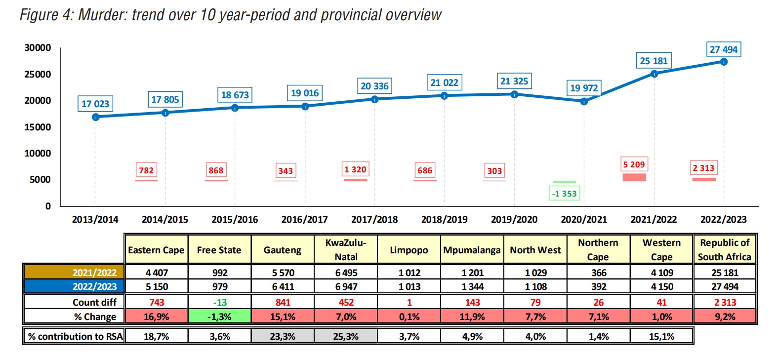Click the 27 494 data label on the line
coord(723,49)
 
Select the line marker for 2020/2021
coord(584,101)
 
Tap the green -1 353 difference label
coord(564,194)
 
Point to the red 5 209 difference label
coord(634,164)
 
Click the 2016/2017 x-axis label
coord(304,219)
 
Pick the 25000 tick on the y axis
coord(38,74)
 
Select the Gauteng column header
coord(283,250)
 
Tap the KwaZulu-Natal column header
coord(346,249)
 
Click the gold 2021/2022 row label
coord(74,273)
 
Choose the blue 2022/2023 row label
coord(74,286)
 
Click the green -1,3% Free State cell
coord(220,317)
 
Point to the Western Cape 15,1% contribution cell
coord(661,336)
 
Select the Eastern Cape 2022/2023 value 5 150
coord(157,286)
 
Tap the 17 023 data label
coord(95,104)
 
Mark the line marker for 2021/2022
coord(654,74)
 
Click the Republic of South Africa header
coord(724,249)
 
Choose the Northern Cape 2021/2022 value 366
coord(599,273)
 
